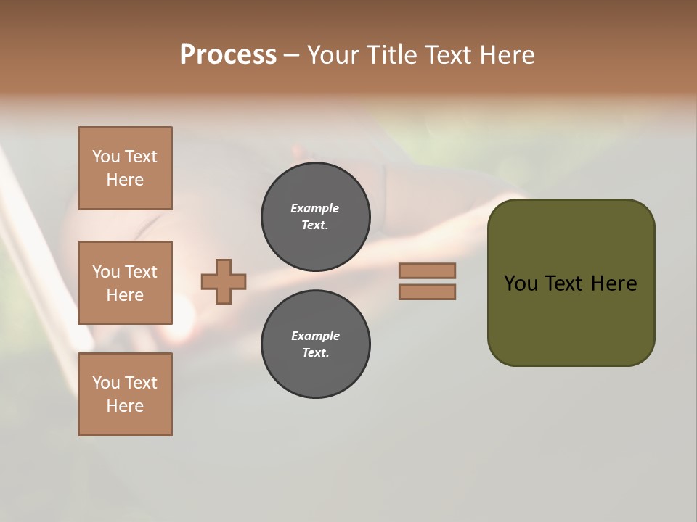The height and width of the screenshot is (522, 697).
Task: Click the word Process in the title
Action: click(x=228, y=55)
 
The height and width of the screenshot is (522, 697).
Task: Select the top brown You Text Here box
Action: click(x=125, y=168)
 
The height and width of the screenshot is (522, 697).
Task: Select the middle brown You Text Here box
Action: click(x=125, y=283)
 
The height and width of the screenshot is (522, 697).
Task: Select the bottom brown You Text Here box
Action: click(x=125, y=394)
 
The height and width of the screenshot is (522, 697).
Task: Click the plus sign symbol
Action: click(x=224, y=282)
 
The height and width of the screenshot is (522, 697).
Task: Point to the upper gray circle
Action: click(x=316, y=217)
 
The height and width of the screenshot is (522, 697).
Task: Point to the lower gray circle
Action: click(x=316, y=344)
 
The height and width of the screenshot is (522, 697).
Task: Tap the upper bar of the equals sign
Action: click(x=428, y=270)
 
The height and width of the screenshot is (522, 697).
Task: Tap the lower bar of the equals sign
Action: click(x=428, y=292)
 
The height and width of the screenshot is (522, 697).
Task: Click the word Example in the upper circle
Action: click(x=315, y=208)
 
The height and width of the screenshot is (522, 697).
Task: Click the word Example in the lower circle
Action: click(x=315, y=336)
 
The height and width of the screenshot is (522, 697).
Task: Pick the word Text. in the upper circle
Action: click(x=315, y=225)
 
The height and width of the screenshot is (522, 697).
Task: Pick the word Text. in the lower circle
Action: click(x=315, y=353)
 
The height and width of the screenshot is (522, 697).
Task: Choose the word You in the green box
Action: click(x=521, y=283)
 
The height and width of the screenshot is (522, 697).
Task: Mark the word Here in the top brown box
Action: click(x=125, y=180)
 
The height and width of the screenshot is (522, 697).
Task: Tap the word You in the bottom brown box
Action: click(x=106, y=383)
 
